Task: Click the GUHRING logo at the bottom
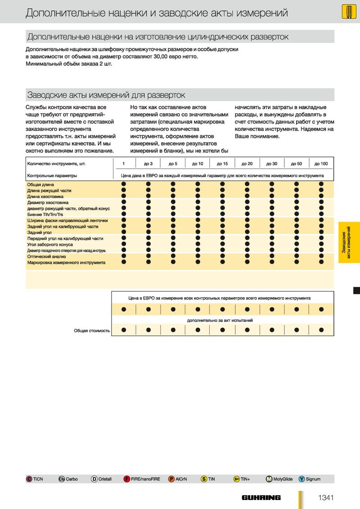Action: [x=261, y=497]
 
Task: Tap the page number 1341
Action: [x=325, y=497]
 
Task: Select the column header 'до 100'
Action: [x=321, y=164]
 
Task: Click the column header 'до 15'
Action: [x=222, y=164]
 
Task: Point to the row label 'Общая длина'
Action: [x=40, y=184]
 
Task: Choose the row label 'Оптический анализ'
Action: [x=46, y=256]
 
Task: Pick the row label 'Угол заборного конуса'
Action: [x=50, y=244]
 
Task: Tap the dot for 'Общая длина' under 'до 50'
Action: [x=297, y=184]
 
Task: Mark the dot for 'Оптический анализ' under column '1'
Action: [x=123, y=256]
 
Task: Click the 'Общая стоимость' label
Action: [x=92, y=330]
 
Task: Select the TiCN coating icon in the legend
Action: [x=29, y=479]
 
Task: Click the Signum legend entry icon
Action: [x=301, y=479]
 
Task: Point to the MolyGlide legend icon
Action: [x=269, y=479]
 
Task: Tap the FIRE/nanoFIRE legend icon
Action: [x=127, y=479]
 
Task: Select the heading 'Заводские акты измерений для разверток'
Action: [x=106, y=95]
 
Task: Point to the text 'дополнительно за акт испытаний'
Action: [x=220, y=320]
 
